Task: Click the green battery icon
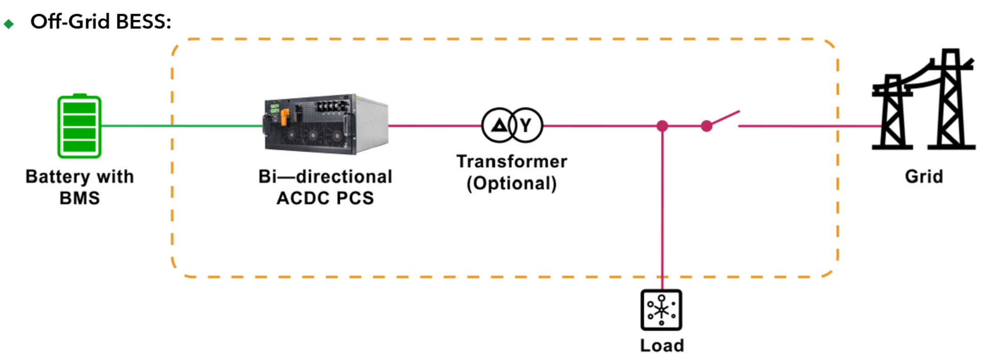click(x=79, y=126)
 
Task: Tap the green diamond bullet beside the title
click(x=9, y=23)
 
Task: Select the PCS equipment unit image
click(x=326, y=124)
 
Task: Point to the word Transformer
click(x=512, y=161)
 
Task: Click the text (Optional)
click(x=512, y=183)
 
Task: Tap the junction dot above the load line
click(x=662, y=126)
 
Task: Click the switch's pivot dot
click(x=706, y=126)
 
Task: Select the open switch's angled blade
click(x=724, y=118)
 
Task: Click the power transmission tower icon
click(x=923, y=99)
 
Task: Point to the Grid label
click(x=924, y=176)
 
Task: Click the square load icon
click(x=661, y=310)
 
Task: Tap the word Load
click(x=662, y=345)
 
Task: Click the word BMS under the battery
click(x=80, y=198)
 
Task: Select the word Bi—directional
click(x=325, y=176)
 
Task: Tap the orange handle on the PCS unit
click(x=285, y=116)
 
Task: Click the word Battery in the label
click(x=58, y=177)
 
